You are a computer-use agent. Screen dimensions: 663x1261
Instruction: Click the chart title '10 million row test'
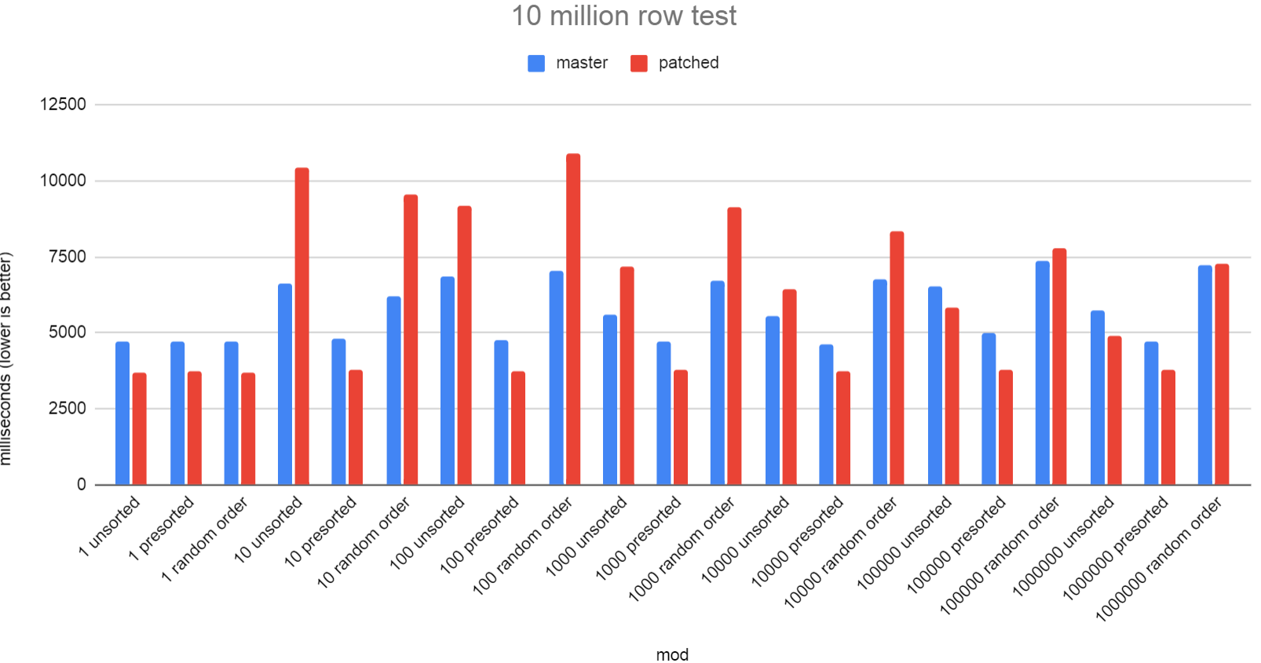pyautogui.click(x=624, y=16)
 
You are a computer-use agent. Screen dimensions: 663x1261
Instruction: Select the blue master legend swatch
pyautogui.click(x=536, y=64)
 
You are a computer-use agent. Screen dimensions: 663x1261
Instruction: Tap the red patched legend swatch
pyautogui.click(x=639, y=64)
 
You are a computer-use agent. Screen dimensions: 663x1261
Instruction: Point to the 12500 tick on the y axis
pyautogui.click(x=63, y=104)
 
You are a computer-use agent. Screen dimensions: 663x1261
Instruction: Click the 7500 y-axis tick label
pyautogui.click(x=68, y=257)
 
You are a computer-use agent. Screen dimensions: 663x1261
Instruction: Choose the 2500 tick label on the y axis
pyautogui.click(x=68, y=408)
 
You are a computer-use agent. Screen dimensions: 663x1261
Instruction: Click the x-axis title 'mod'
pyautogui.click(x=672, y=654)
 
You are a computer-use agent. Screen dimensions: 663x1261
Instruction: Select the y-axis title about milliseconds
pyautogui.click(x=7, y=359)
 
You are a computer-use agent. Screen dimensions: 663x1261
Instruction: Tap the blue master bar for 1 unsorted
pyautogui.click(x=122, y=413)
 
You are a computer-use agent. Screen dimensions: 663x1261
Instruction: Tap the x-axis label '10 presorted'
pyautogui.click(x=320, y=533)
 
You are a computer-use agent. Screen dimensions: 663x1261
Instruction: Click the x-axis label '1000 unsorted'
pyautogui.click(x=587, y=537)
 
